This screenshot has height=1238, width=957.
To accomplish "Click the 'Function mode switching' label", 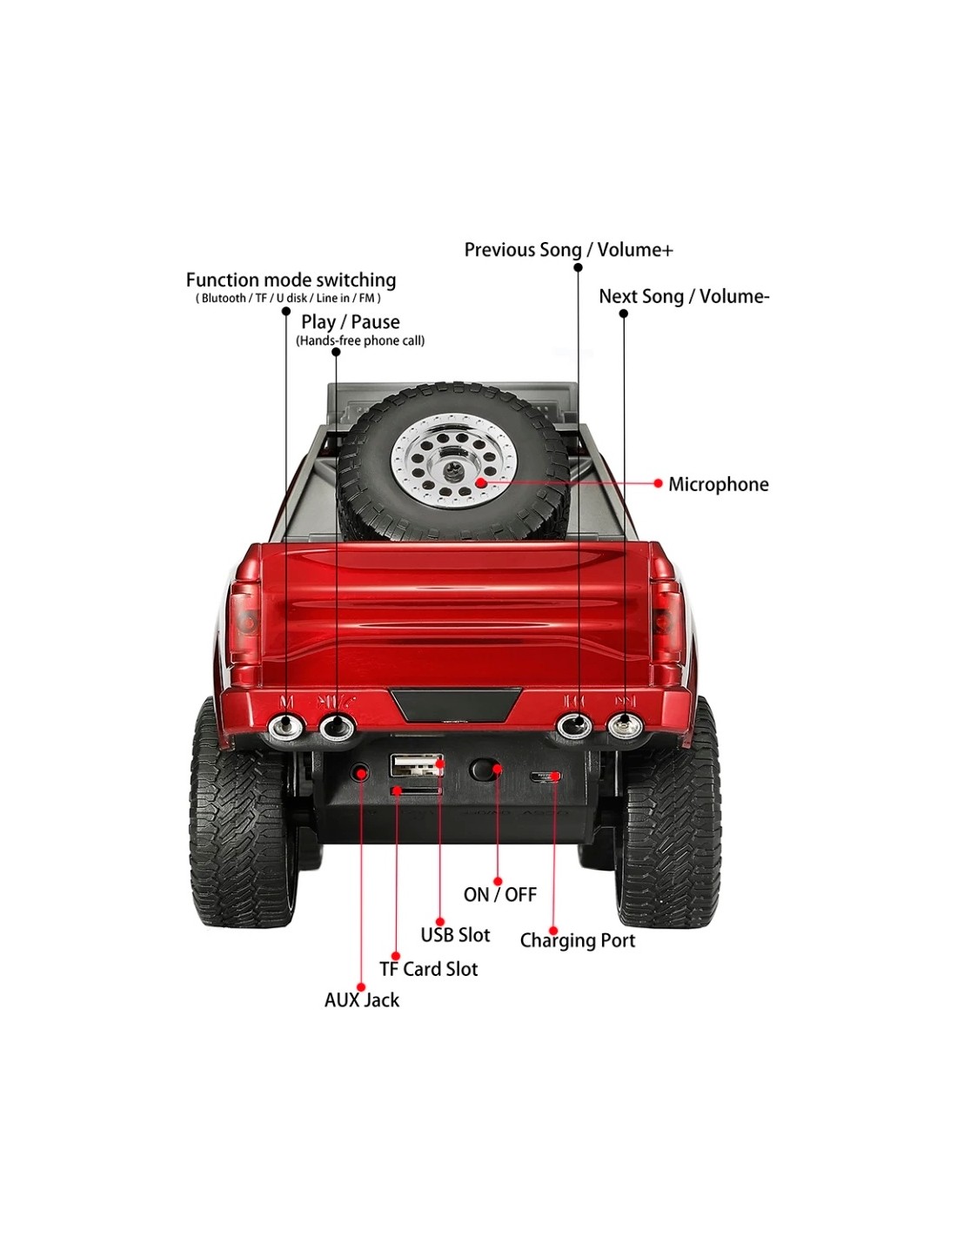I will (291, 280).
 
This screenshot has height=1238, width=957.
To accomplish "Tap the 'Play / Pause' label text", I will (351, 322).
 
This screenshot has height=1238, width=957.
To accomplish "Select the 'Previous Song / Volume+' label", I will (568, 251).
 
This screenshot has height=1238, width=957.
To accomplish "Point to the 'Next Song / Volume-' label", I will (684, 297).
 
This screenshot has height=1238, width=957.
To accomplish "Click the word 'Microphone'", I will (718, 485).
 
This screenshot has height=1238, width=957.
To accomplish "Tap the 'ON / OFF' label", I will (499, 895).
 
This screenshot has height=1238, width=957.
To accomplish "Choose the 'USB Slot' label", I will (455, 935).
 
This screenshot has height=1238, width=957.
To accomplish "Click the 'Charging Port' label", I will (578, 941).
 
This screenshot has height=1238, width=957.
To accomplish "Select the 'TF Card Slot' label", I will (428, 969).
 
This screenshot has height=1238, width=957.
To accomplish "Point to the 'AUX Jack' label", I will (362, 1000).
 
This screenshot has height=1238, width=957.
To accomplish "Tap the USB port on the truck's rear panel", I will (416, 766).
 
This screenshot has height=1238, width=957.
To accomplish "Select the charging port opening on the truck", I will (545, 777).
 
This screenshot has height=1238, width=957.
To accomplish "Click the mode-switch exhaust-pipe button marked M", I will (285, 727).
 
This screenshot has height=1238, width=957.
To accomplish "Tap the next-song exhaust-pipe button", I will (624, 725).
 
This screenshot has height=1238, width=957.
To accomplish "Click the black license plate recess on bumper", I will (455, 703).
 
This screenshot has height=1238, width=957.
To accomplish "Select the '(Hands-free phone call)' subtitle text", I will (360, 341).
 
